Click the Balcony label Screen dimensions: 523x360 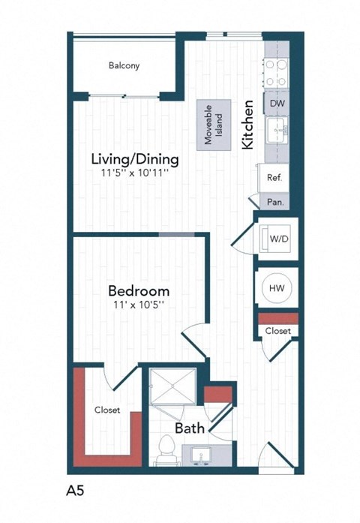coord(124,65)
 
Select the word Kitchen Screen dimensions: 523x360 coord(248,125)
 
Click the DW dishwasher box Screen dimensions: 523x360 coord(275,103)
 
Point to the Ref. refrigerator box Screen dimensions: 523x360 coord(274,178)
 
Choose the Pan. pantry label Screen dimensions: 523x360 coord(274,201)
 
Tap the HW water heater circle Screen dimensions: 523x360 coord(277,287)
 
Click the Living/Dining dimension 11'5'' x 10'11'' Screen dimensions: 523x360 coord(135,173)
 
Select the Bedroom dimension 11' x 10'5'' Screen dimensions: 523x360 coord(138,305)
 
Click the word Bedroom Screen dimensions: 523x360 coord(138,290)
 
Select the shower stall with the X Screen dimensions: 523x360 coord(173,392)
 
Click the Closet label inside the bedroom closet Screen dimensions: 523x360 coord(107,410)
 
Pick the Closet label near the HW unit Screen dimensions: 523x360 coord(277,330)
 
